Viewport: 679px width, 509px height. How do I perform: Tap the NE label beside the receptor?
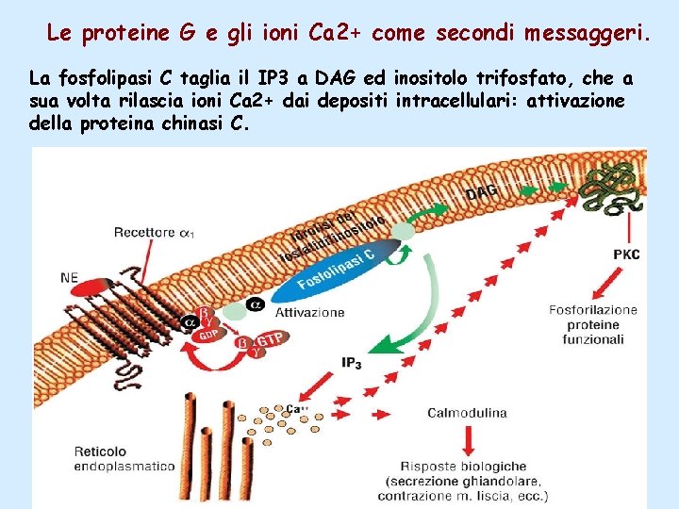click(69, 277)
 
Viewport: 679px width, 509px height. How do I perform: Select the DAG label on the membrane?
click(480, 193)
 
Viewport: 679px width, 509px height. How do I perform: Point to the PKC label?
click(626, 254)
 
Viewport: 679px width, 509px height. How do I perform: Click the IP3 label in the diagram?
click(351, 362)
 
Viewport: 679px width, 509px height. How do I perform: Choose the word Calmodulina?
click(467, 412)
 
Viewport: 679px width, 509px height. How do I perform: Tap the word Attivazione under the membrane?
click(309, 312)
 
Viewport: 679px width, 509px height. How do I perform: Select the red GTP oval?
click(271, 339)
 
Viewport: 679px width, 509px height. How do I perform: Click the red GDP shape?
click(207, 334)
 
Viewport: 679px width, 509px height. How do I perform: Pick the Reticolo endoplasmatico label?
click(125, 458)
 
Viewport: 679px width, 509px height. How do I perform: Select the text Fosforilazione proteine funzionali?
click(593, 324)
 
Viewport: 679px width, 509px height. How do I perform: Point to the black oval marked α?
click(255, 304)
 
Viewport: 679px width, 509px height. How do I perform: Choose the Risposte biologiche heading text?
click(464, 466)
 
